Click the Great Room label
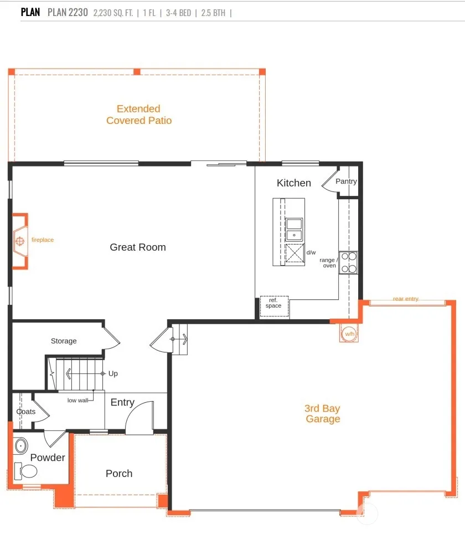click(x=138, y=247)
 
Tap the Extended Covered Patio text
click(x=139, y=115)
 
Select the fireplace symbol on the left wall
click(x=20, y=241)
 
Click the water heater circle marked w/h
click(x=349, y=334)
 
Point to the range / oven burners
click(x=349, y=263)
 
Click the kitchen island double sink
click(x=294, y=230)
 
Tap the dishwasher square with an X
click(x=295, y=253)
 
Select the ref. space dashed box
click(x=274, y=306)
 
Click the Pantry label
click(x=346, y=181)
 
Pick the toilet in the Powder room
click(x=26, y=471)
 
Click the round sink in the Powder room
click(x=21, y=445)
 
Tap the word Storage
click(x=64, y=341)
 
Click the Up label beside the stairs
click(x=113, y=373)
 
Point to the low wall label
click(x=77, y=400)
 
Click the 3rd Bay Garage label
click(x=322, y=414)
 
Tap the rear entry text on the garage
click(x=406, y=299)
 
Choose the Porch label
click(x=119, y=474)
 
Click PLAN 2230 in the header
click(x=68, y=12)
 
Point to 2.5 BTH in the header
click(x=213, y=13)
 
